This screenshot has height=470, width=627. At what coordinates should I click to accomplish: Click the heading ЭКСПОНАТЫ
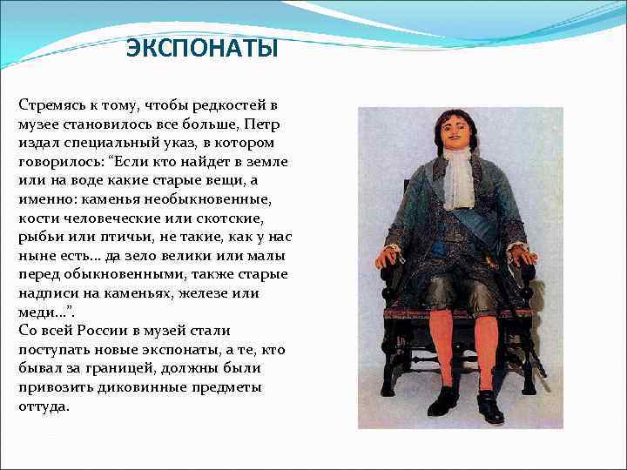click(x=202, y=49)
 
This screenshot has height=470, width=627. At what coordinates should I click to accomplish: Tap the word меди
click(x=35, y=312)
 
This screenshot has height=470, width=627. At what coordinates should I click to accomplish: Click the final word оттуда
click(x=44, y=406)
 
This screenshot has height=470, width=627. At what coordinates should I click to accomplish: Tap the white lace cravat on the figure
click(x=460, y=178)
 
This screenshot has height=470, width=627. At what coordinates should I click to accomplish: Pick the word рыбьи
click(x=38, y=238)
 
